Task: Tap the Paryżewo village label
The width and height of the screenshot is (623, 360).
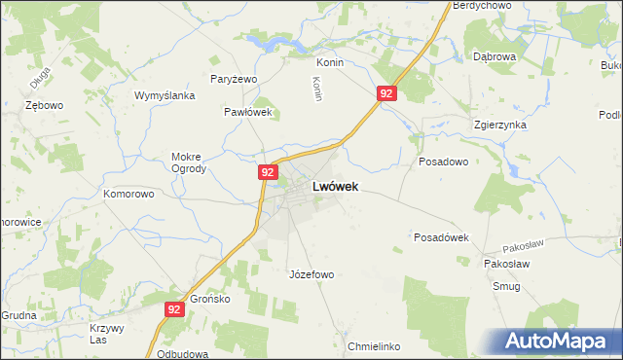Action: click(233, 79)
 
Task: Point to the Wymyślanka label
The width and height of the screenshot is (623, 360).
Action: click(165, 95)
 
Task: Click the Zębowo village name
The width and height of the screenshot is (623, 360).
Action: click(44, 104)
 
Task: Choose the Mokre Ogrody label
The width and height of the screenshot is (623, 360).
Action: click(189, 162)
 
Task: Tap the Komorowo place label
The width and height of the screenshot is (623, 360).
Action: click(128, 194)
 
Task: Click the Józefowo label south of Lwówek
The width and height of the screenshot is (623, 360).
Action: click(311, 274)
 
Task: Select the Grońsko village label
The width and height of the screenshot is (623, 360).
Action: click(209, 299)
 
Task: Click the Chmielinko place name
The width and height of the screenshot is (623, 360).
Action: click(374, 346)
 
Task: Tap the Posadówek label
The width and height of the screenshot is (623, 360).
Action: click(442, 237)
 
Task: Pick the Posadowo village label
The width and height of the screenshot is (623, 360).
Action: click(443, 162)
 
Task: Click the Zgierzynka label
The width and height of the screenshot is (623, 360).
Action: click(499, 126)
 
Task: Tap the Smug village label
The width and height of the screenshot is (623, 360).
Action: click(506, 286)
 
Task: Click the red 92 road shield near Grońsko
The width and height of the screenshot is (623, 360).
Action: click(174, 309)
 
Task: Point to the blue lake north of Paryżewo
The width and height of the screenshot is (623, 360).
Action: click(265, 43)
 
